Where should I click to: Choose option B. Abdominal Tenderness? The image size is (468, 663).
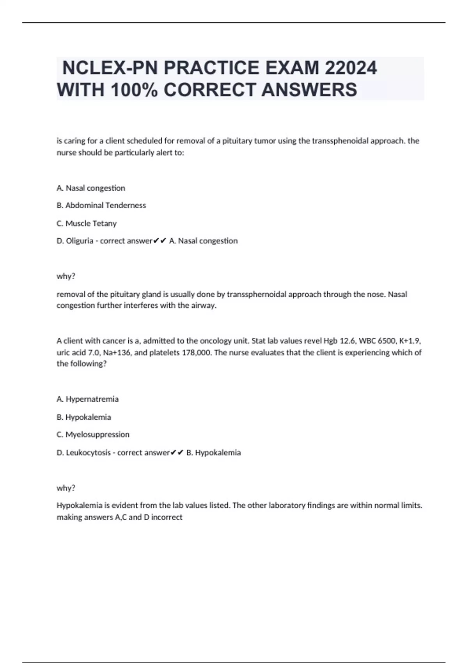pyautogui.click(x=101, y=206)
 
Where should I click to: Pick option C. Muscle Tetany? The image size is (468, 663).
pyautogui.click(x=87, y=223)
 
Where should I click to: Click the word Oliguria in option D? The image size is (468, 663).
pyautogui.click(x=80, y=241)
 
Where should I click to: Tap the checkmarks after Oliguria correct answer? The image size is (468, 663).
pyautogui.click(x=160, y=241)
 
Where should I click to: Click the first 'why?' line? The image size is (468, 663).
pyautogui.click(x=66, y=277)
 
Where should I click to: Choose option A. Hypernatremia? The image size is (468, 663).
pyautogui.click(x=88, y=399)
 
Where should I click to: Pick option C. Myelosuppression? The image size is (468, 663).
pyautogui.click(x=93, y=434)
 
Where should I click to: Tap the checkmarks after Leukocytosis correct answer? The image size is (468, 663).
pyautogui.click(x=177, y=453)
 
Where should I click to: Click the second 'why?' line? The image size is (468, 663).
pyautogui.click(x=66, y=488)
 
